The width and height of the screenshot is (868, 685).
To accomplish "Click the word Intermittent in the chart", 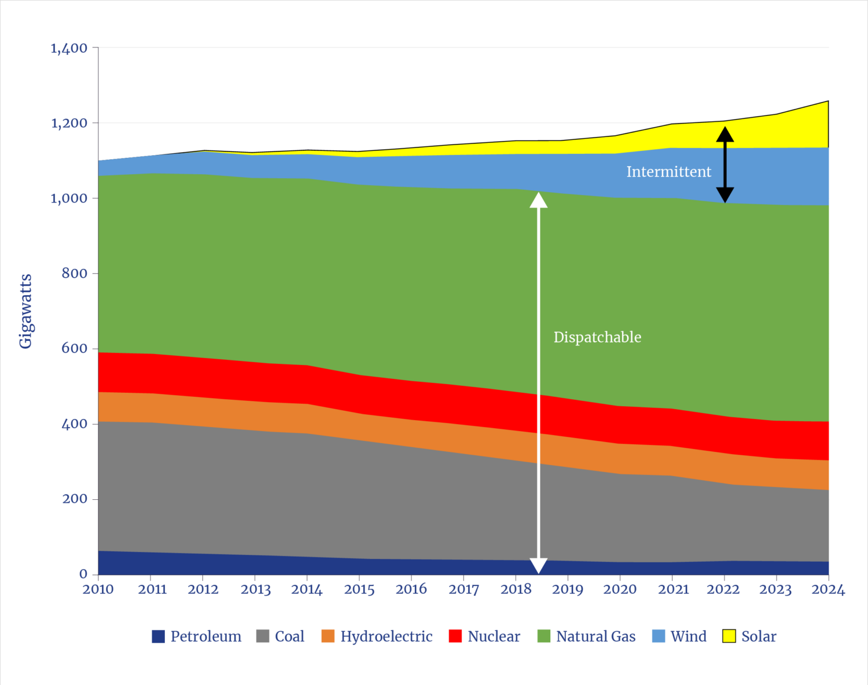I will [668, 172].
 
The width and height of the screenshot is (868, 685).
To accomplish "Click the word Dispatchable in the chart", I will [597, 337].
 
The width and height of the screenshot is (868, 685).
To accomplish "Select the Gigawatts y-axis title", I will [25, 311].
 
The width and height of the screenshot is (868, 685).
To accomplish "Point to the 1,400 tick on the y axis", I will [69, 48].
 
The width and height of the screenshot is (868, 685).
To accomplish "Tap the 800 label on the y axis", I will [75, 273].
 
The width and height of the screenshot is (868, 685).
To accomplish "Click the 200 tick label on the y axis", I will [75, 499].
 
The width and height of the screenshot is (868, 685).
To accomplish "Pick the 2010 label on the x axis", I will [98, 590].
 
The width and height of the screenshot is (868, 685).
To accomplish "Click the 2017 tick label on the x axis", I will [464, 590].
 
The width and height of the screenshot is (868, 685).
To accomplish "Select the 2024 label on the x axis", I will [827, 590].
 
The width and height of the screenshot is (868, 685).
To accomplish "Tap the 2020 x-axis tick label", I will [620, 590].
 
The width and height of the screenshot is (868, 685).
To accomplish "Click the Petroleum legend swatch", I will [158, 636].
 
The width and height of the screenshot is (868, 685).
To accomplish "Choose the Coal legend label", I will [289, 636].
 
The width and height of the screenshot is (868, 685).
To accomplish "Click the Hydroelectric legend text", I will [386, 636].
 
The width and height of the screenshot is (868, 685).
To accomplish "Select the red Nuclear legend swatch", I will [455, 636].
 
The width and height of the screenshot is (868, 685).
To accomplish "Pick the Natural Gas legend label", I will [595, 636].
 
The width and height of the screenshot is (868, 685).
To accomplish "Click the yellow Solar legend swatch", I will [729, 636].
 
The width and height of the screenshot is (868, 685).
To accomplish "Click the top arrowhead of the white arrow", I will [539, 200].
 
